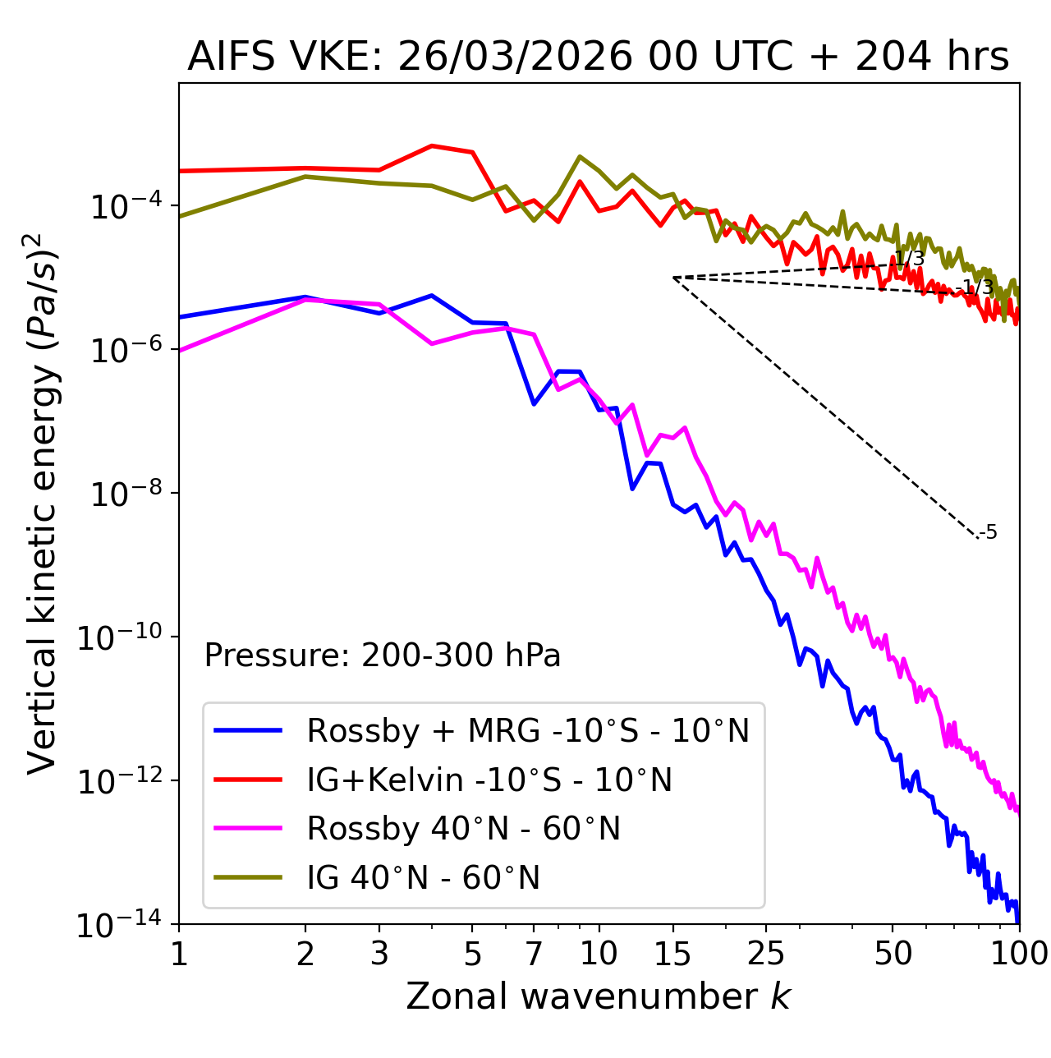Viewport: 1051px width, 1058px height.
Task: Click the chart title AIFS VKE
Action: click(598, 57)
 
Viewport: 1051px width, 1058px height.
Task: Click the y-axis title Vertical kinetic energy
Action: click(43, 503)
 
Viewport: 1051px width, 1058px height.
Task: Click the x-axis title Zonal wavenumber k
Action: click(598, 996)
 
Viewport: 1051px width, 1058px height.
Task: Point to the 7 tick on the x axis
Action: click(534, 954)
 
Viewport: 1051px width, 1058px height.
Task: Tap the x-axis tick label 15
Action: click(673, 954)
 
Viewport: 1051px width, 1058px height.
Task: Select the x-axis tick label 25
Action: click(766, 954)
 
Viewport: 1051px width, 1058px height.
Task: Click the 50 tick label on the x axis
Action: click(893, 954)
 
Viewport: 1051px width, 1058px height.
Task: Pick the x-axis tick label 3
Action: click(379, 954)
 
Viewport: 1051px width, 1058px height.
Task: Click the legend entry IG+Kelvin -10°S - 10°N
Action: click(489, 780)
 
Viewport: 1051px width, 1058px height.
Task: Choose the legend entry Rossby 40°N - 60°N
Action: click(463, 829)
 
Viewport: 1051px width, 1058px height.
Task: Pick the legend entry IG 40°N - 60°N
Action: click(423, 878)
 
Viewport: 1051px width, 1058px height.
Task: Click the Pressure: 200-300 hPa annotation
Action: click(382, 655)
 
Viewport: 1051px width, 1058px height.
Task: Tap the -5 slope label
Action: click(989, 533)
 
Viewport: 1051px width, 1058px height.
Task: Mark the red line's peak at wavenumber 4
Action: click(432, 145)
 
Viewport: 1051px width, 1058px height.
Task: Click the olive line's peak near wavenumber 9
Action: click(580, 156)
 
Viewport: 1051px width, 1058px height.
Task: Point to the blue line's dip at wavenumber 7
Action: click(534, 403)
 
